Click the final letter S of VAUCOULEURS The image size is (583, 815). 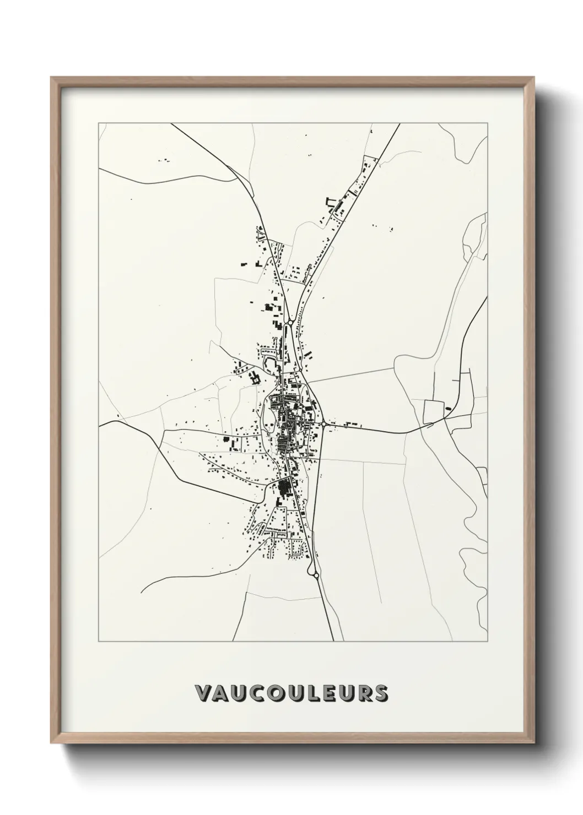(x=380, y=694)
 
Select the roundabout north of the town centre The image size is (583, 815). (x=289, y=322)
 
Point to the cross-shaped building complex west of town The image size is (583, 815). (x=254, y=378)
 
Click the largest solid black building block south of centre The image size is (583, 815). (x=284, y=487)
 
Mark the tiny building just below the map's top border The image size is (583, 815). (x=371, y=132)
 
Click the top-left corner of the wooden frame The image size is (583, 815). (x=51, y=78)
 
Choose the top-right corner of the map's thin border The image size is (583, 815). (x=487, y=123)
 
